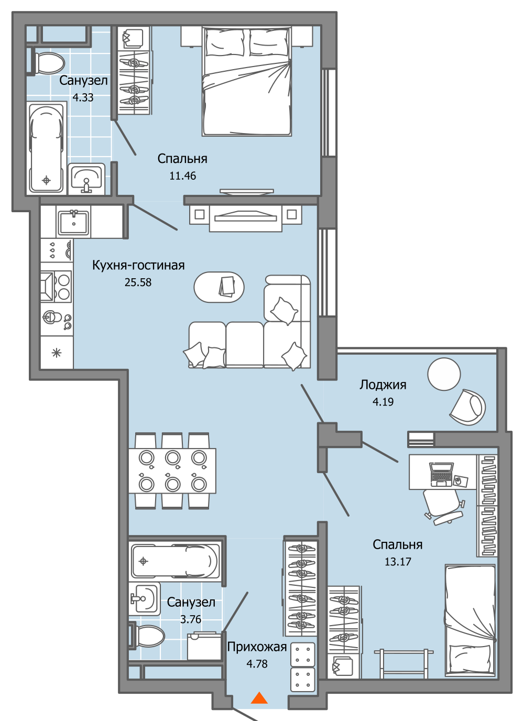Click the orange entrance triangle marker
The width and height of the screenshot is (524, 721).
(259, 698)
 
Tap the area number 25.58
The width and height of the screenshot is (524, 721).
(138, 282)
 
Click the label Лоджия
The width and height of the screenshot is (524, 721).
(383, 385)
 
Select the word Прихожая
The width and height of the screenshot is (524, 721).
(257, 647)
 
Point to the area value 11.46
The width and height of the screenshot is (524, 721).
(182, 176)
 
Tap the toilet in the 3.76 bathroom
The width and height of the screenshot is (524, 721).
(147, 636)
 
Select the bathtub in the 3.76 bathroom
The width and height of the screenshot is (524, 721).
(175, 561)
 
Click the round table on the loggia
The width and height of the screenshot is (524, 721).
(444, 374)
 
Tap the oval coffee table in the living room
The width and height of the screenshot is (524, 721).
(219, 287)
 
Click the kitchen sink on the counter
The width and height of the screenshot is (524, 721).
(74, 222)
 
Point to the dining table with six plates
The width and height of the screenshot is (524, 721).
(172, 470)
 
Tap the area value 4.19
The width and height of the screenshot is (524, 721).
(383, 402)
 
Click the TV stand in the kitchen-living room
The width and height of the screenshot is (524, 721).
(245, 217)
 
